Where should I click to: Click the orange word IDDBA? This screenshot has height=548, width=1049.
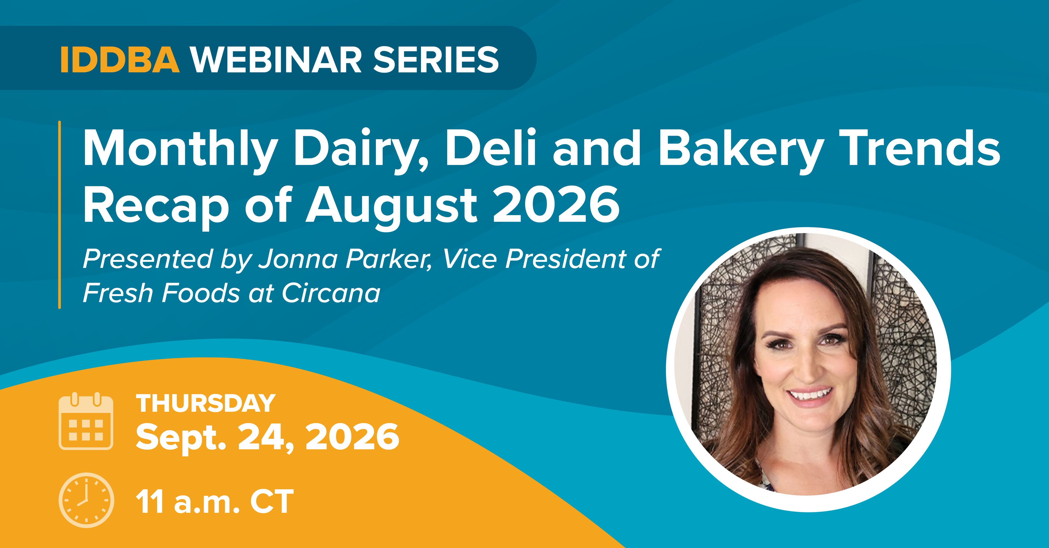coord(120,60)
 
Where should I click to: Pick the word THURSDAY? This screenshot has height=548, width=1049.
coord(206,404)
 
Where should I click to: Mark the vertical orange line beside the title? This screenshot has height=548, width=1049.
coord(60,215)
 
